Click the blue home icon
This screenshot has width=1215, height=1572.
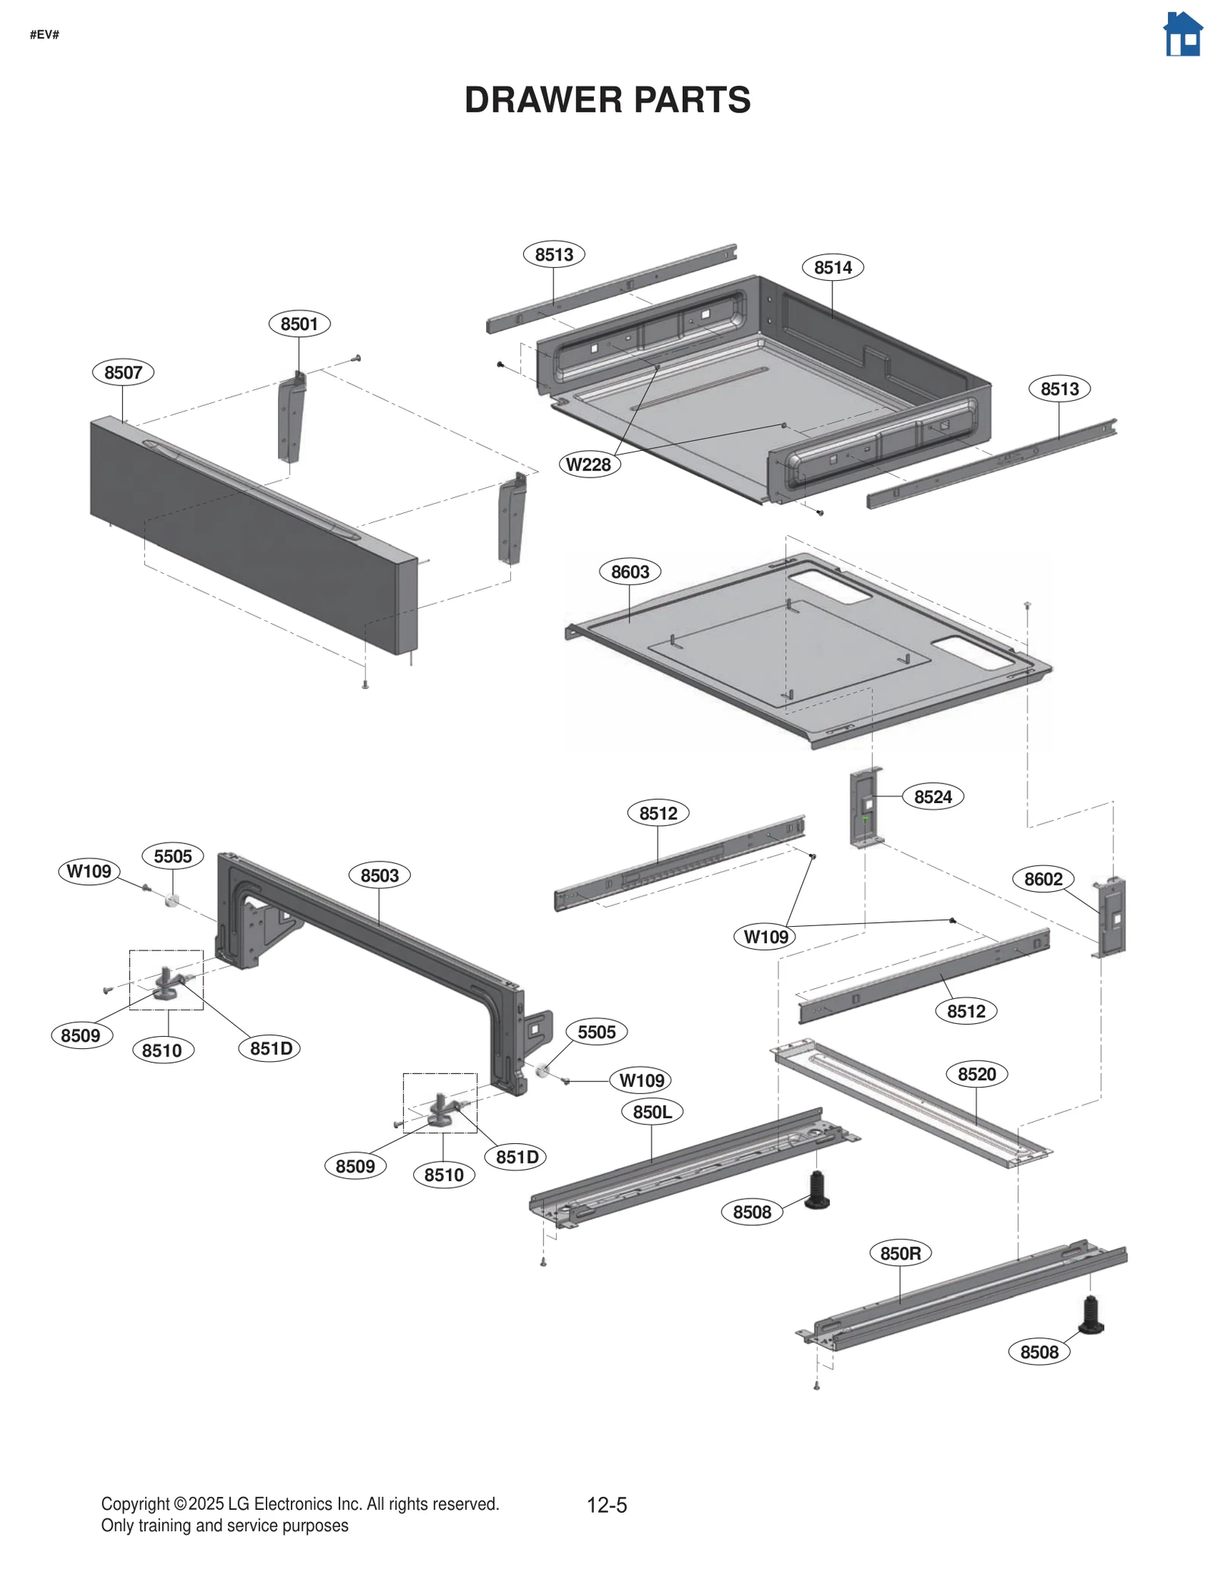tap(1182, 35)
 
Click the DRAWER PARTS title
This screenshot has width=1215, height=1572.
tap(607, 100)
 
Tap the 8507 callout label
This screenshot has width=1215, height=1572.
tap(123, 373)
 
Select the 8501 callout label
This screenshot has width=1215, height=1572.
tap(299, 324)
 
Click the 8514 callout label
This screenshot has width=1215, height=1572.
tap(832, 267)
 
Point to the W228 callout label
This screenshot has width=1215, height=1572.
tap(589, 465)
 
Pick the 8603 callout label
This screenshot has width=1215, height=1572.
tap(630, 572)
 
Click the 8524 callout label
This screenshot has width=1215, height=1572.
tap(933, 797)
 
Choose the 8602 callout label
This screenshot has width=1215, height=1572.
tap(1043, 879)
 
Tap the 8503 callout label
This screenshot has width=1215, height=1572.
tap(379, 875)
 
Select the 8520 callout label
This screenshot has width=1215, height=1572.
tap(977, 1074)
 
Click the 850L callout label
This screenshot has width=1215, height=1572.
tap(652, 1112)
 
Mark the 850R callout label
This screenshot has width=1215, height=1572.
tap(900, 1253)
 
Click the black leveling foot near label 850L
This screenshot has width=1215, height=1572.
tap(817, 1190)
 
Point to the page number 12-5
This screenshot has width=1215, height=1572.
tap(607, 1504)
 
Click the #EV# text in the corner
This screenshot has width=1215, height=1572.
tap(44, 35)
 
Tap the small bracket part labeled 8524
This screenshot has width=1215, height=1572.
tap(866, 808)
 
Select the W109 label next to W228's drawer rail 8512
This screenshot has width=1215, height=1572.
tap(765, 937)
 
